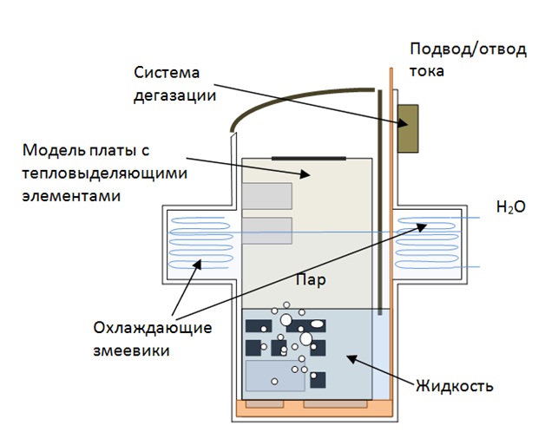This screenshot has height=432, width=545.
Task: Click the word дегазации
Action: [174, 95]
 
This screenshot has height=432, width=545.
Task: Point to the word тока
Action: [427, 70]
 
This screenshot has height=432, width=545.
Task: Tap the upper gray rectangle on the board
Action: [266, 196]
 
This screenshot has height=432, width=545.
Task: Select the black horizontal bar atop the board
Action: [307, 158]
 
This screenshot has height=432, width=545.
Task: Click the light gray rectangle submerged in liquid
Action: [275, 376]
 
